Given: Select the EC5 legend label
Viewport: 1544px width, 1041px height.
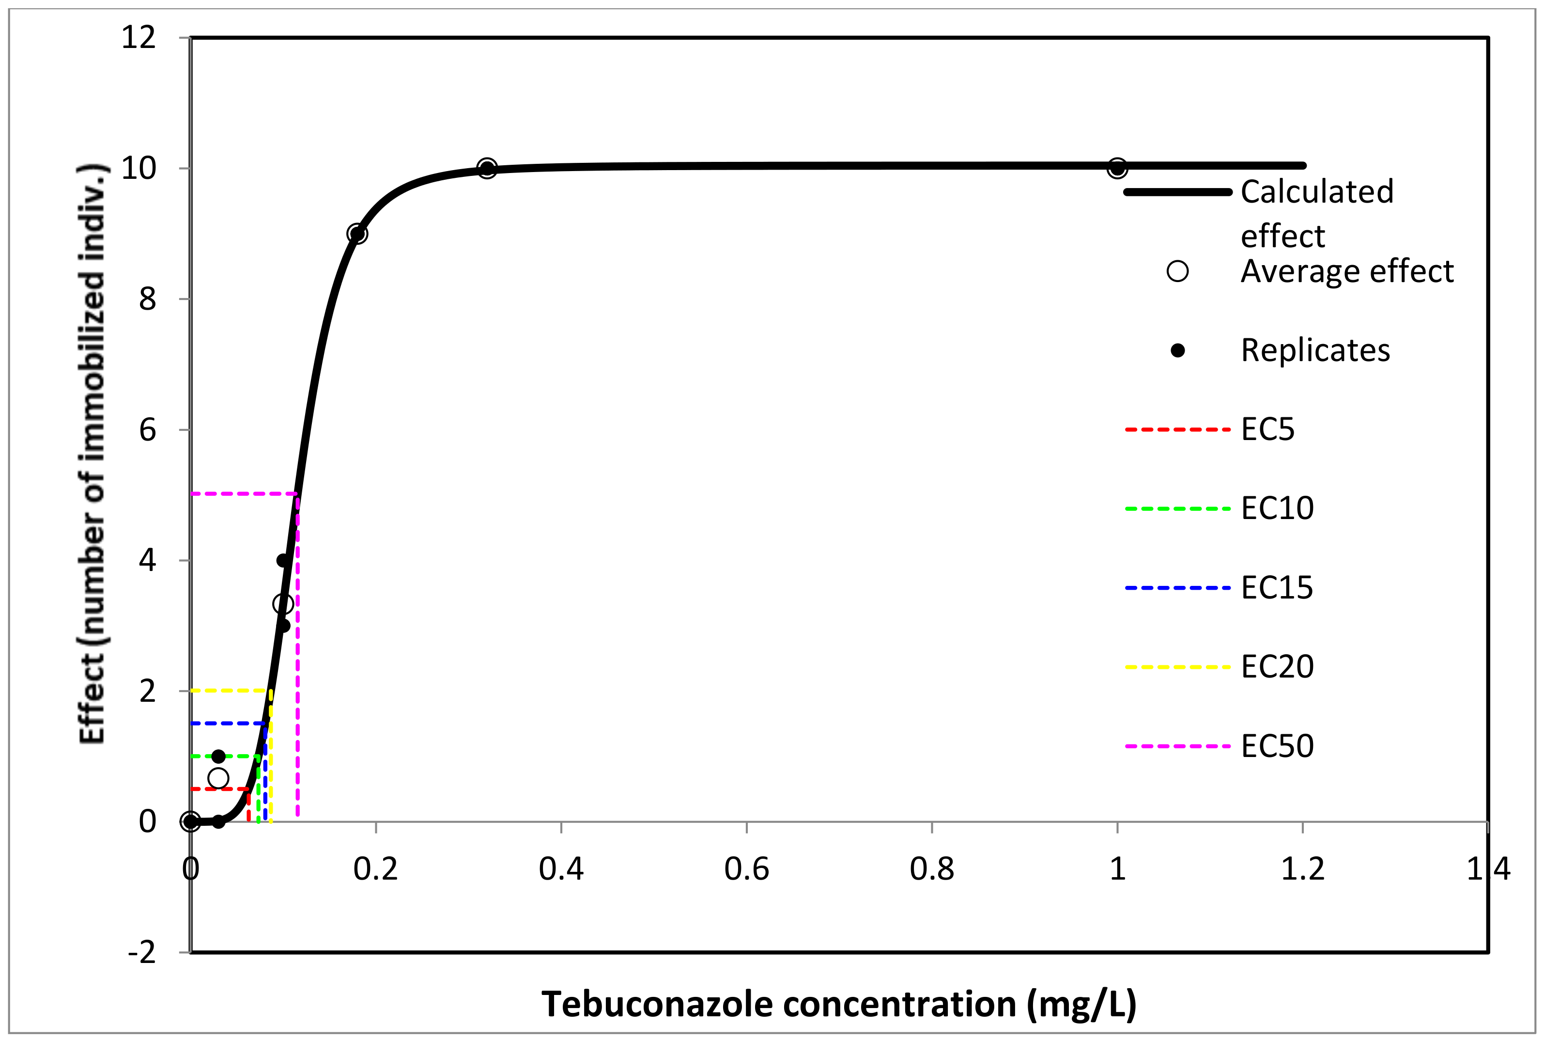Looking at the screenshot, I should tap(1267, 429).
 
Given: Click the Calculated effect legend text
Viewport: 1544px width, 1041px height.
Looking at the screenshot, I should tap(1316, 212).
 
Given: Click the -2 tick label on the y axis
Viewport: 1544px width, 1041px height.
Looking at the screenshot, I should tap(141, 953).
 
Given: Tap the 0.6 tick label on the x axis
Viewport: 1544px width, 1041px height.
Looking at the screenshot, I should tap(746, 869).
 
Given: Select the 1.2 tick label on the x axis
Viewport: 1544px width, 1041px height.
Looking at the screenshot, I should tap(1302, 869).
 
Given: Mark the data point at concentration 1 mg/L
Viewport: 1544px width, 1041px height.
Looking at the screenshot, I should tap(1117, 169).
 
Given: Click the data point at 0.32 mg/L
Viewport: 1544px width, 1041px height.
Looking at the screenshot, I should tap(487, 169).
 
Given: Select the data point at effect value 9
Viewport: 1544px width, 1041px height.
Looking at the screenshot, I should tap(357, 234).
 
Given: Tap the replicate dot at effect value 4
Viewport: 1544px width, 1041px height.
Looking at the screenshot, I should tap(283, 560).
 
